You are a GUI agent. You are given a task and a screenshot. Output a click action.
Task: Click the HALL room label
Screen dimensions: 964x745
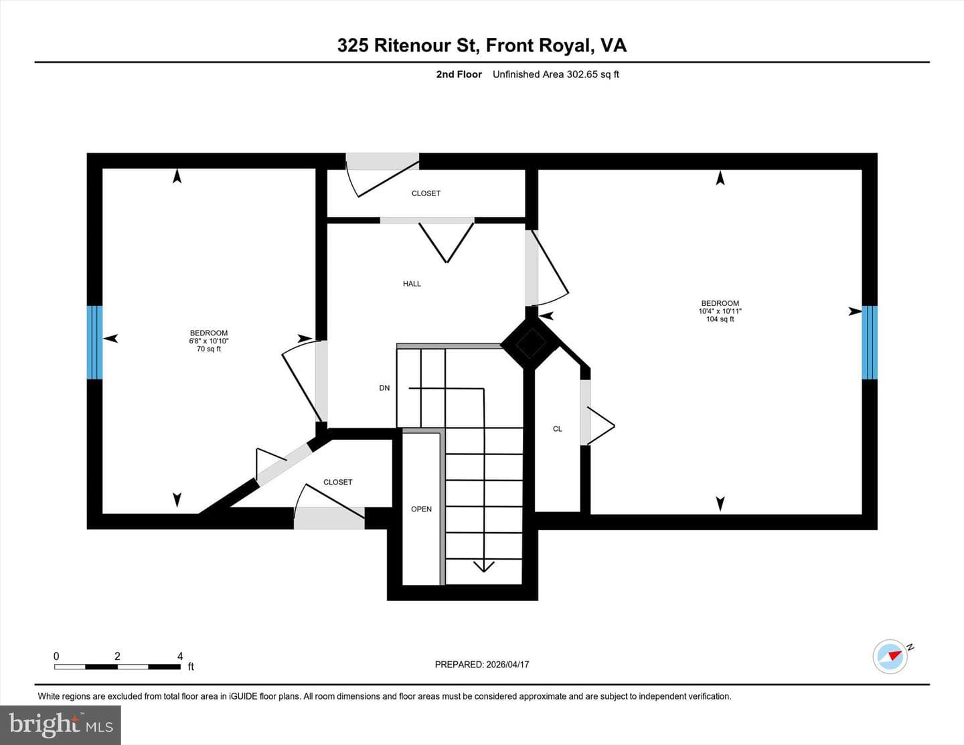coord(412,284)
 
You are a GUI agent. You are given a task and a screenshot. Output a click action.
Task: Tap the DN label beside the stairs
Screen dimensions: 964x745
coord(384,388)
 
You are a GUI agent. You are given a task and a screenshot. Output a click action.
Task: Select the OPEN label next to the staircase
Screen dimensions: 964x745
coord(421,509)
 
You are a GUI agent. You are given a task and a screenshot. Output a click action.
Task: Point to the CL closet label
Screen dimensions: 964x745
coord(557,429)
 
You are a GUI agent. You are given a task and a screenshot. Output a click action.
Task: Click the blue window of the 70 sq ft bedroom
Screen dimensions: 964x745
coord(94,342)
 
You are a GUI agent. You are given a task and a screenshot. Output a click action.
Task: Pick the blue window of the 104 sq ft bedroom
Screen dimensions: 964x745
coord(870,342)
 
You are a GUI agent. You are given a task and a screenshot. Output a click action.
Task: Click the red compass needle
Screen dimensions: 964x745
coord(895,655)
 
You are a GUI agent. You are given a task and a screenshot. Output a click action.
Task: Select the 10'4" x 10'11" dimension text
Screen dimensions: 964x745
coord(720,311)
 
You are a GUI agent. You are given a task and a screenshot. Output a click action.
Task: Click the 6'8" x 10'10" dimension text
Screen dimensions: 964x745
coord(208,341)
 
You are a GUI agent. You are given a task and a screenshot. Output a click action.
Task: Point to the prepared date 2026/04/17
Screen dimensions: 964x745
coord(507,665)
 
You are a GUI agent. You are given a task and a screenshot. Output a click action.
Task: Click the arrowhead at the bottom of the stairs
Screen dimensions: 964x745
coord(483,567)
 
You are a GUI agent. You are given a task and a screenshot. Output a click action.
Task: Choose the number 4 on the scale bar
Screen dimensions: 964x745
coord(180,656)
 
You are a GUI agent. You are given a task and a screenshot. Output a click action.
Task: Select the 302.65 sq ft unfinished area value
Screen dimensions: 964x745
coord(587,74)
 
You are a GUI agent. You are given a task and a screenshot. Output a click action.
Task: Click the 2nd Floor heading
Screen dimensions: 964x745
coord(459,74)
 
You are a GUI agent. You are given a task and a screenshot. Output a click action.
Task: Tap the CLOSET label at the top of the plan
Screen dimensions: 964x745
coord(426,193)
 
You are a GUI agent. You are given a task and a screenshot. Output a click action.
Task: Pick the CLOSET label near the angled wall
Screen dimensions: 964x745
coord(337,482)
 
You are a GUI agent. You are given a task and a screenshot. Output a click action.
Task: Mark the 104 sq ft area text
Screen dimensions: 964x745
coord(720,319)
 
